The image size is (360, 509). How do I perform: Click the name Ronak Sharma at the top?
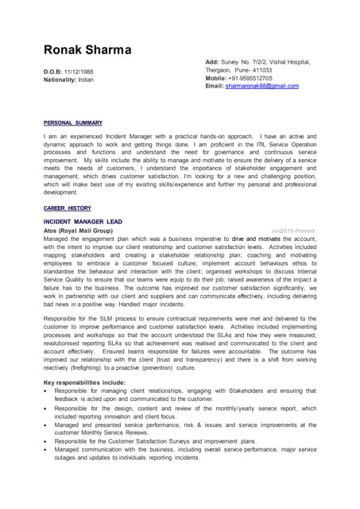(x=87, y=51)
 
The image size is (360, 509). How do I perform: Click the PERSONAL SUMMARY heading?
(x=73, y=123)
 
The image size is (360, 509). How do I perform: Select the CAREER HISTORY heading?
(x=67, y=208)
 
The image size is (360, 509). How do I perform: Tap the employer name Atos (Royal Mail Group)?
(x=78, y=230)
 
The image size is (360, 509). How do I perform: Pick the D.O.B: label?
(x=53, y=72)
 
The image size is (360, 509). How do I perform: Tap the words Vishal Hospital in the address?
(x=292, y=61)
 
